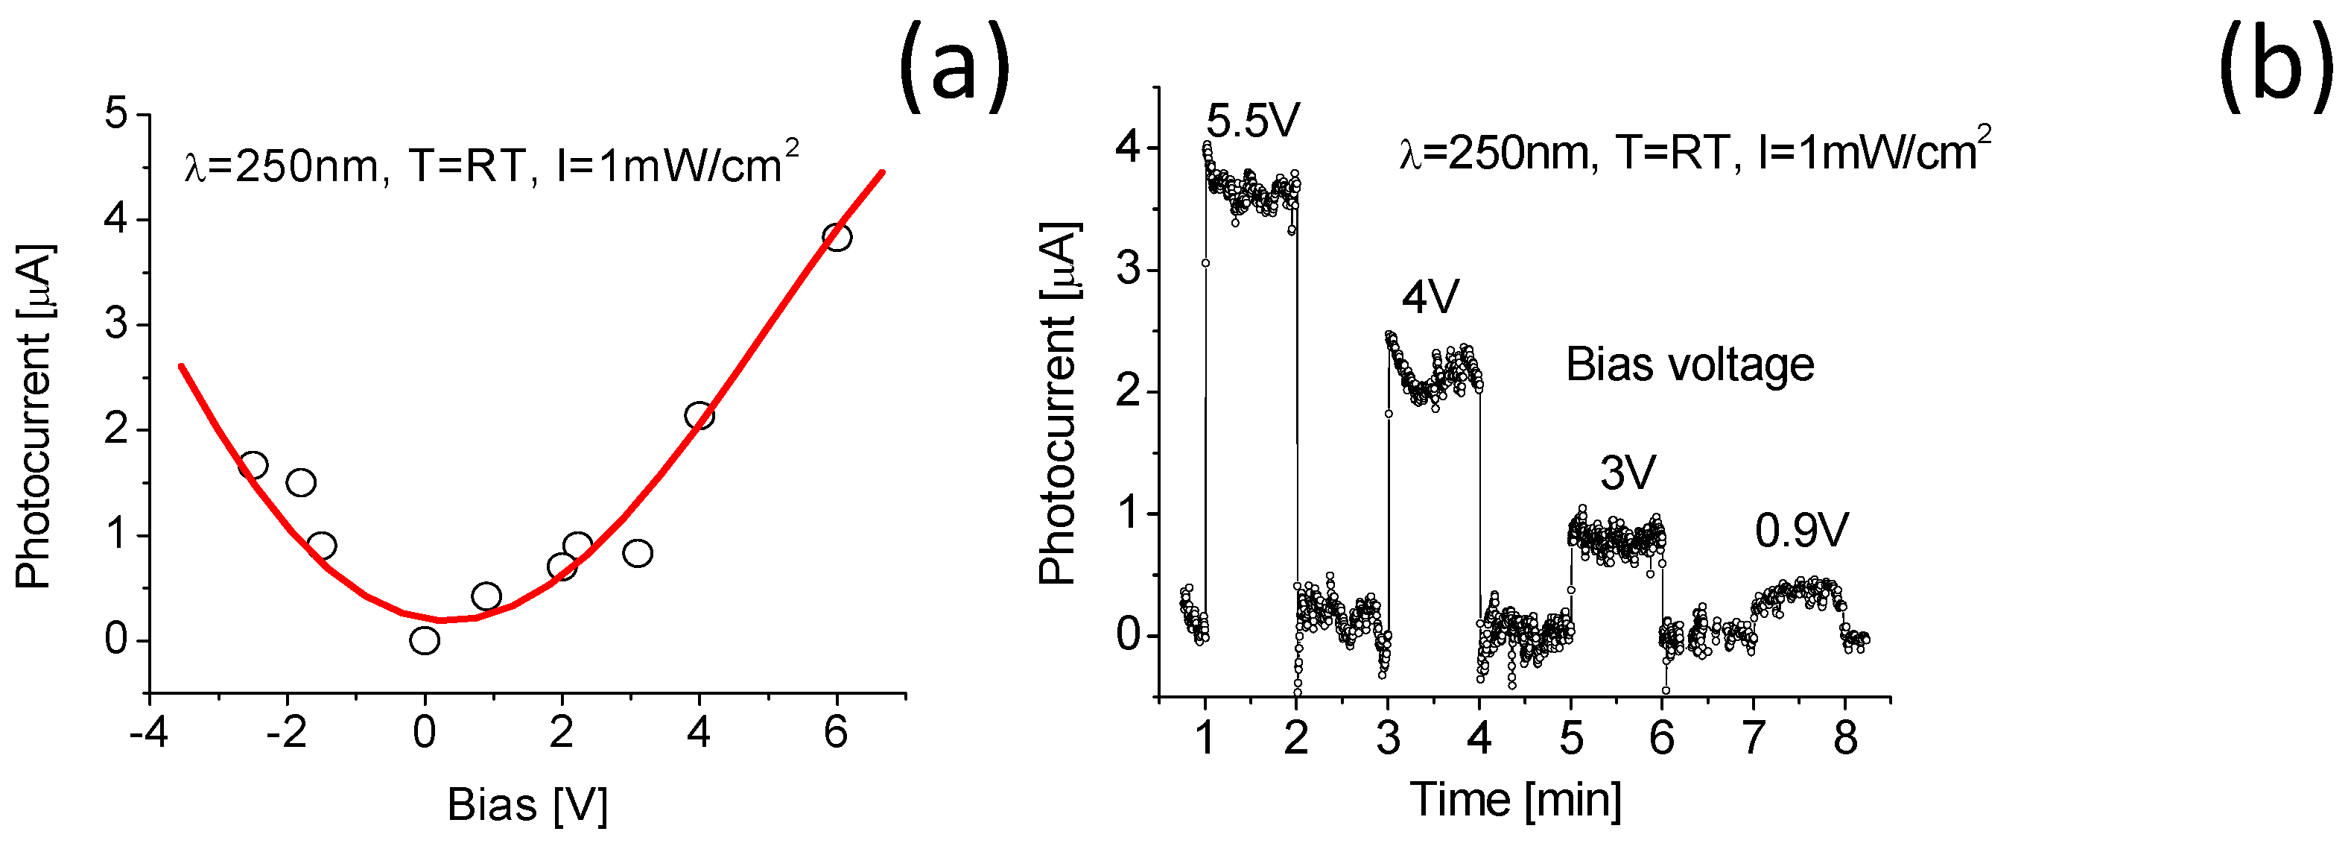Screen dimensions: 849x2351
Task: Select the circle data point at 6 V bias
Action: (837, 237)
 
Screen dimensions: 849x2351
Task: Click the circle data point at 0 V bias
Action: (425, 641)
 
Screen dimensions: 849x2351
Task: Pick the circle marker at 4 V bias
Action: (699, 415)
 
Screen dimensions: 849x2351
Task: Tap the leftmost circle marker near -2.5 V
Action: (253, 466)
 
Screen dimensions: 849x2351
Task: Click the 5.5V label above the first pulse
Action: (1252, 121)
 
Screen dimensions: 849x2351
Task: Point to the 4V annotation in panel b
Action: (1430, 297)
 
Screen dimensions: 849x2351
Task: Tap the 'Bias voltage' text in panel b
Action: (1690, 365)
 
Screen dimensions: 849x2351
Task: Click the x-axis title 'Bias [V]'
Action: (527, 805)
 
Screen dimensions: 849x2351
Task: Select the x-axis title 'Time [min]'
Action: (1515, 800)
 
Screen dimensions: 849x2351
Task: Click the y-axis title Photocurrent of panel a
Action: (35, 415)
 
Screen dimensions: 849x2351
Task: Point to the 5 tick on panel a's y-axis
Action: (116, 115)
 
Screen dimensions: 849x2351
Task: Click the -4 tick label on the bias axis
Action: (147, 733)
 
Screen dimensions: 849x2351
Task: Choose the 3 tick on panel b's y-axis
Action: (1129, 271)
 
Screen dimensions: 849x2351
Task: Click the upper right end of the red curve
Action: (882, 171)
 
